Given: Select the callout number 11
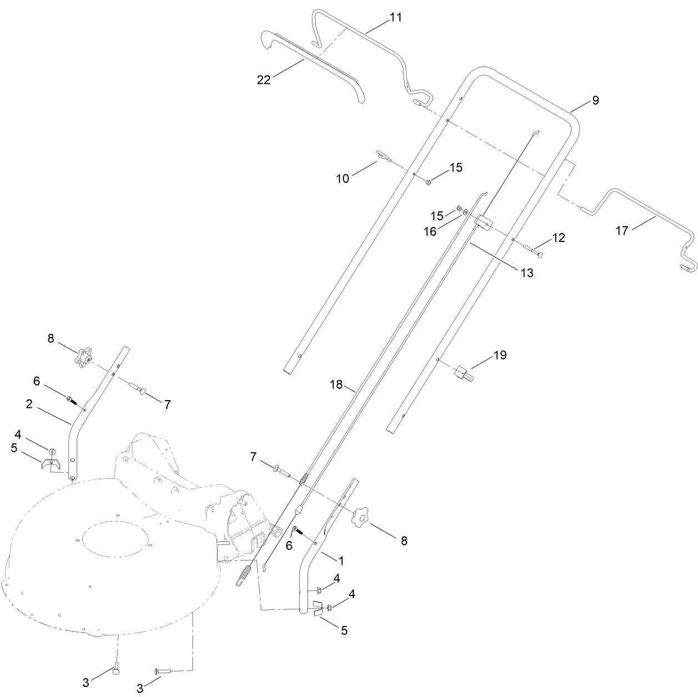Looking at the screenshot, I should tap(395, 17).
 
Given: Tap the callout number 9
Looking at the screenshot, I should tap(595, 100).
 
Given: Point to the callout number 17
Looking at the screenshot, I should tap(622, 230).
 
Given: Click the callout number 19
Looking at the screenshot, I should tap(500, 355).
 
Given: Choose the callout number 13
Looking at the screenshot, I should tap(526, 272).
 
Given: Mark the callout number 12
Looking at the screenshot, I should tap(558, 238).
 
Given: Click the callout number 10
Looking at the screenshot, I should tap(343, 179).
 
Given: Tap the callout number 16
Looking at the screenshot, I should tap(431, 232).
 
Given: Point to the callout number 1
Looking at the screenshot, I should tap(341, 561).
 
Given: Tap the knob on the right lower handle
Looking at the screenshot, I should tap(360, 517).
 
